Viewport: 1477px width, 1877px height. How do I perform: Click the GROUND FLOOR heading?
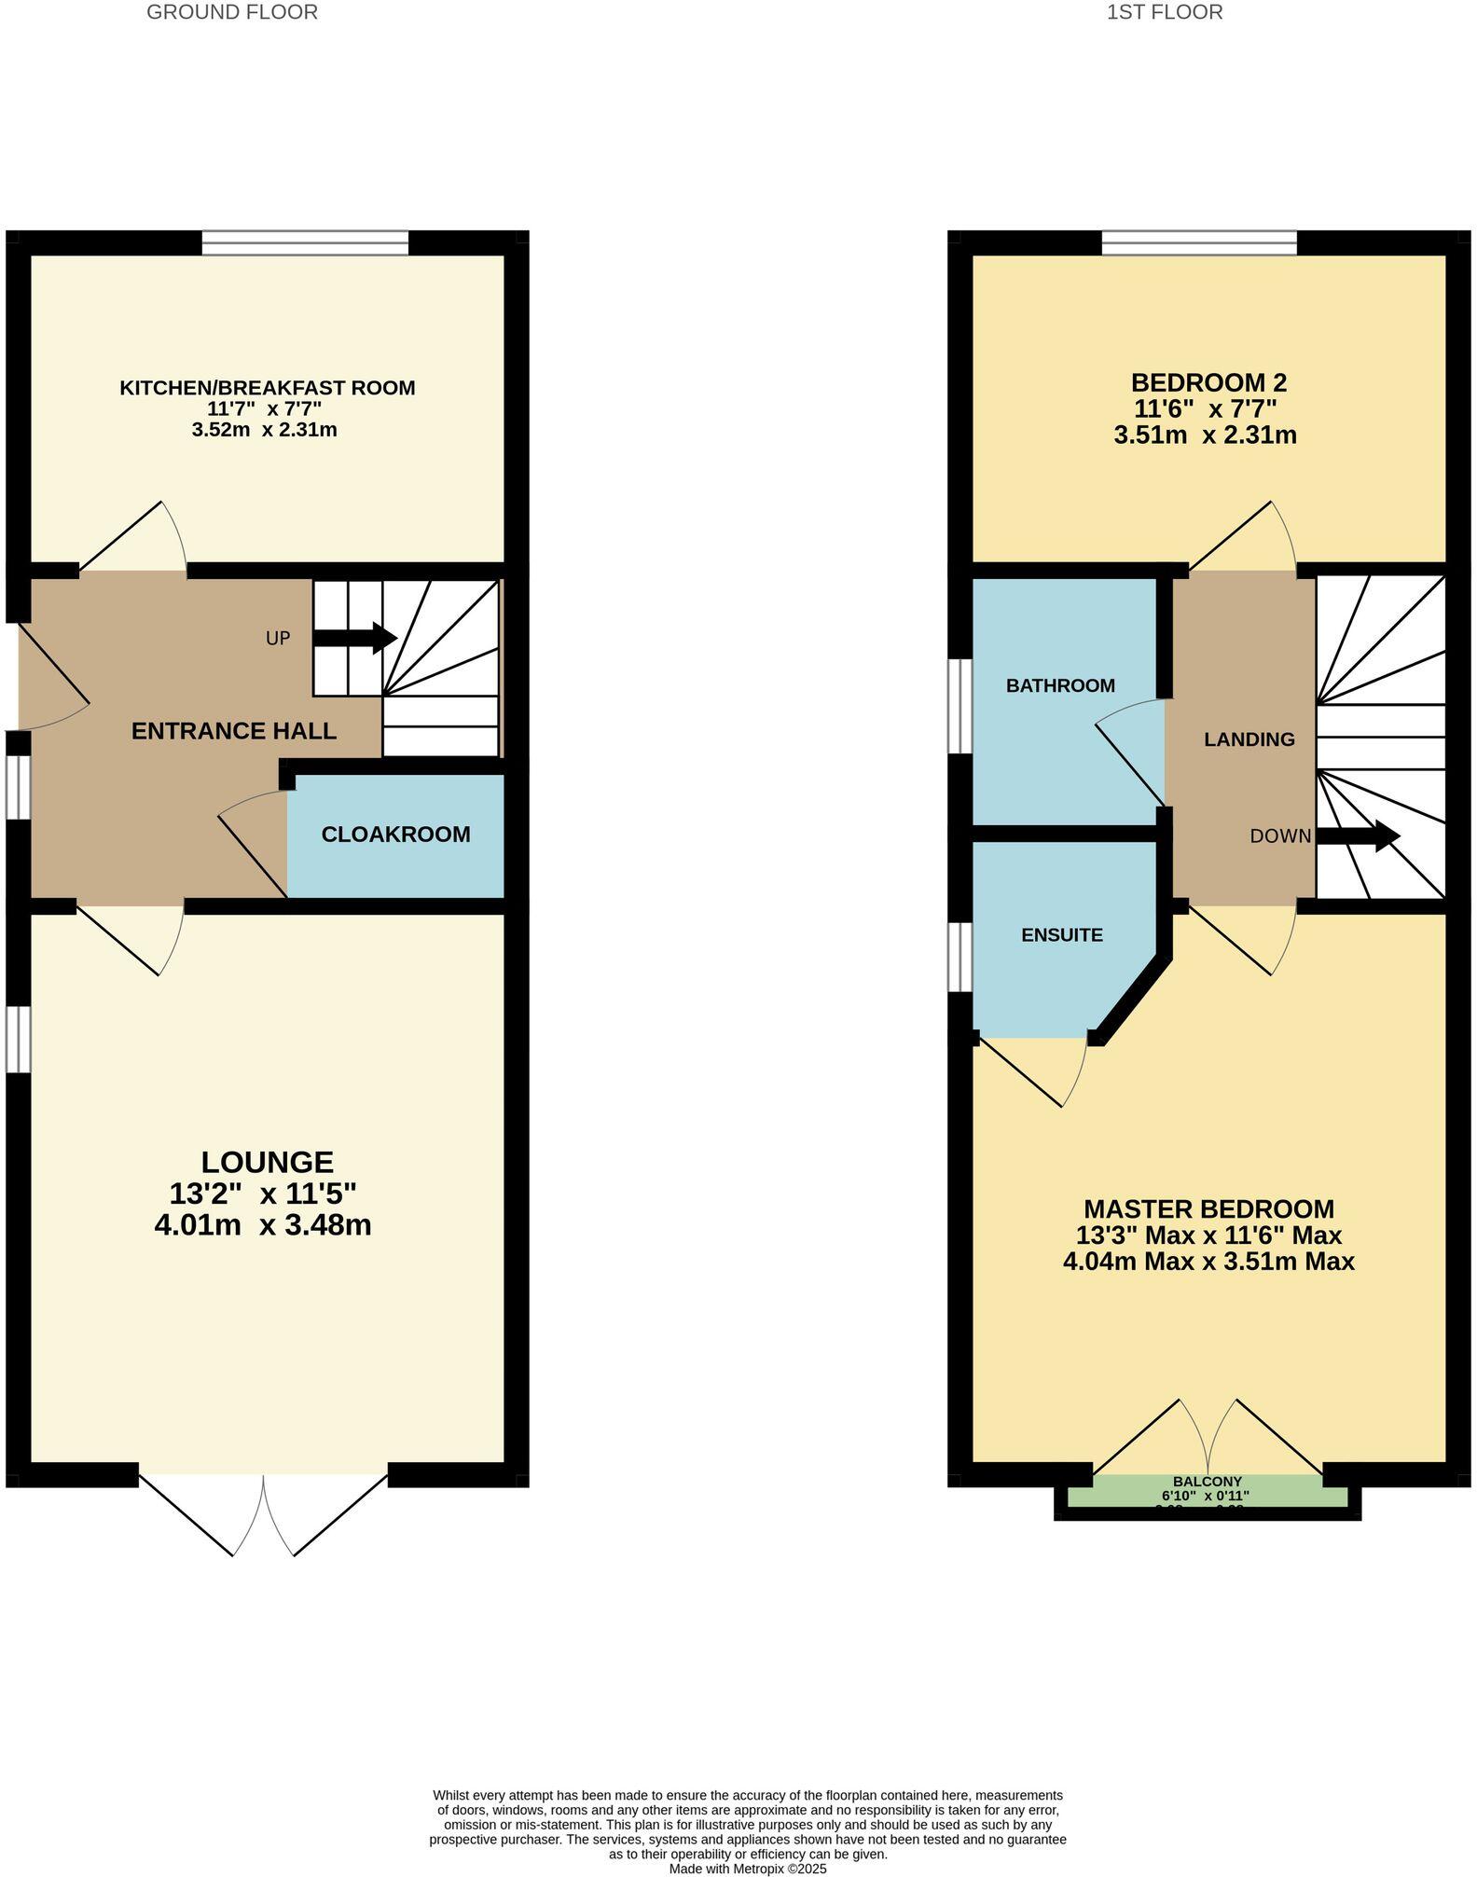(232, 12)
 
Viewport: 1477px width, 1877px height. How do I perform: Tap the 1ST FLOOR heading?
(1165, 12)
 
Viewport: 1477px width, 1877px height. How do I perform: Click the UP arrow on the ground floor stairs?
(355, 638)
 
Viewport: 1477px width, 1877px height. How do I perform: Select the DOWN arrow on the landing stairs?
(1358, 835)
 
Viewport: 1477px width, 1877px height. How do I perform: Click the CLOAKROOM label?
(395, 835)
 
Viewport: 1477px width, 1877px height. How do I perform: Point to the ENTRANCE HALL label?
(233, 731)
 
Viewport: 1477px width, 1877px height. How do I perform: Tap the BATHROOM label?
(1060, 686)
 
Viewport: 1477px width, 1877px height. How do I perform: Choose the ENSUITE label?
(1061, 935)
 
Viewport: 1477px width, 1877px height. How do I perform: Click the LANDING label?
(1249, 739)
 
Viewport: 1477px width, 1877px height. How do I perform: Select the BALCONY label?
(1207, 1482)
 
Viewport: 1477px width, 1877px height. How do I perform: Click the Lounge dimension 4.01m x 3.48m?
(263, 1225)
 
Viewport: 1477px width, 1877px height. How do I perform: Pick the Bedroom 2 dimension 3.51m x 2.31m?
(1205, 435)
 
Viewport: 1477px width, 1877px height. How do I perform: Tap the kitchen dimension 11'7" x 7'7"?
(264, 408)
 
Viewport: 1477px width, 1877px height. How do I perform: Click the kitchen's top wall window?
(305, 242)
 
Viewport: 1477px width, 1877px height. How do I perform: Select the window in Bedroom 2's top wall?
(1198, 242)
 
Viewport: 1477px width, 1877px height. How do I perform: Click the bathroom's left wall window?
(960, 706)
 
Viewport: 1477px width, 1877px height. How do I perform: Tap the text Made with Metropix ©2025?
(747, 1869)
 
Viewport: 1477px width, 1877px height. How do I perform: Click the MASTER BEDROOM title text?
(1208, 1209)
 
